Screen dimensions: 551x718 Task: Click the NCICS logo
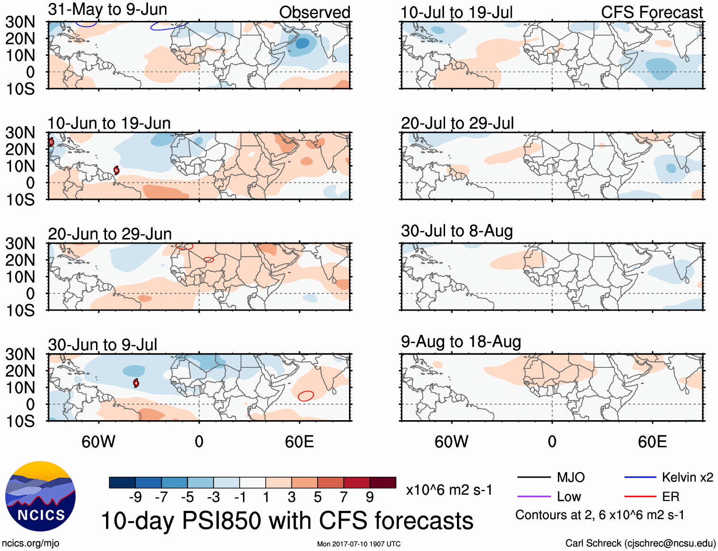coord(40,496)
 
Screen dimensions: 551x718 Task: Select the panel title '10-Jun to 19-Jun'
coord(109,123)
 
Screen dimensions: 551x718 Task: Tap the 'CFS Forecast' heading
coord(651,13)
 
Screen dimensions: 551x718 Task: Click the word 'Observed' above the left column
coord(314,13)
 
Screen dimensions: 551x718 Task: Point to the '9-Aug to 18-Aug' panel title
coord(461,342)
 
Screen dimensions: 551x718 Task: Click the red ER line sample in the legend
coord(640,497)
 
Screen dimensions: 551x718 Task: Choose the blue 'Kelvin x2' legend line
coord(640,477)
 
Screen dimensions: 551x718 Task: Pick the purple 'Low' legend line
coord(534,497)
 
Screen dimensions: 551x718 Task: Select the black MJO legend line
coord(534,477)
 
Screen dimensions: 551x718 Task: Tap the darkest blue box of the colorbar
coord(122,482)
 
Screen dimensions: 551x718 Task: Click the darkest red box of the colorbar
coord(383,482)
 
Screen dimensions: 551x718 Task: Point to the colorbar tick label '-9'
coord(136,497)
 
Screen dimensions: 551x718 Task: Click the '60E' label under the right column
coord(652,442)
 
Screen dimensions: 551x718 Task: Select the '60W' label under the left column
coord(98,442)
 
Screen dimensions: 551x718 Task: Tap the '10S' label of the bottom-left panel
coord(20,422)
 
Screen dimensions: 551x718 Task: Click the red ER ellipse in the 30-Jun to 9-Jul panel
coord(306,395)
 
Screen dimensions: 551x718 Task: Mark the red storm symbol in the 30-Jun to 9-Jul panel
coord(136,383)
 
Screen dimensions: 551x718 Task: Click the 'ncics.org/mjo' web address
coord(30,543)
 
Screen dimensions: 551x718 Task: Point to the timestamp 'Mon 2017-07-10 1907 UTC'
coord(359,544)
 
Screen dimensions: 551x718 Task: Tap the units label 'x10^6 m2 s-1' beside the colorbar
coord(449,490)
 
